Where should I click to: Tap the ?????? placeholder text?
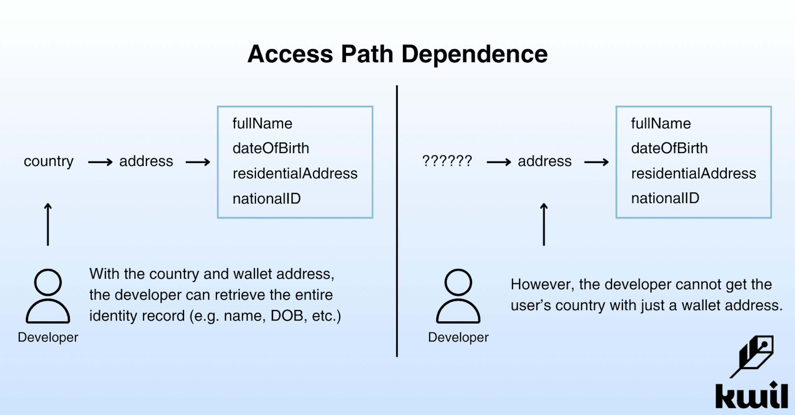point(447,161)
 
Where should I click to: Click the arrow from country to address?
point(100,162)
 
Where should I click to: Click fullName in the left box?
point(262,123)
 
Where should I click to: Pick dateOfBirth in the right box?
point(669,148)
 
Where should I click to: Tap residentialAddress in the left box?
point(295,173)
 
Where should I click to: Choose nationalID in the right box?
point(665,198)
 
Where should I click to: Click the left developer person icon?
point(48,296)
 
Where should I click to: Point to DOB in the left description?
point(286,316)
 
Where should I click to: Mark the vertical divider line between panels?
point(397,221)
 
